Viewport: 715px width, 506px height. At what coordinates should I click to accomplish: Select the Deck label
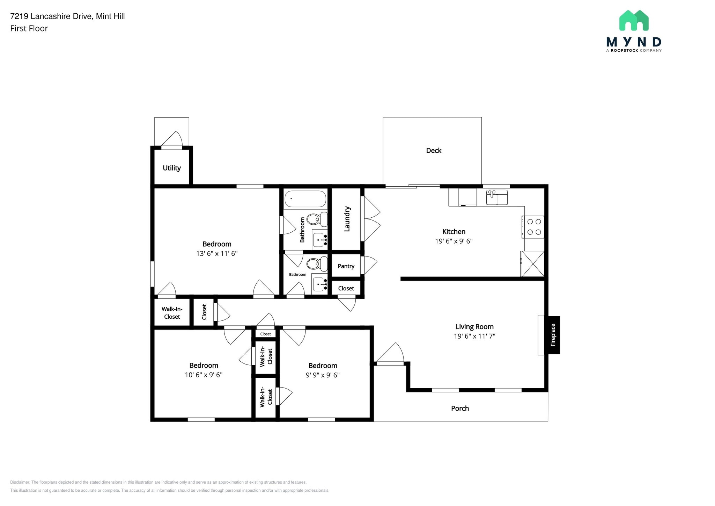coord(434,151)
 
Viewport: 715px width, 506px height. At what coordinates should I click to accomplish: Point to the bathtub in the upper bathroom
coord(305,199)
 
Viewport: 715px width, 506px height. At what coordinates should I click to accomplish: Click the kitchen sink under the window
coord(497,197)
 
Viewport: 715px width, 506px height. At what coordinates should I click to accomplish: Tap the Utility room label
coord(172,168)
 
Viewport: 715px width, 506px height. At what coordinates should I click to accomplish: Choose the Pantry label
coord(346,266)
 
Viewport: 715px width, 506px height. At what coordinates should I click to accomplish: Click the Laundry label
coord(347,219)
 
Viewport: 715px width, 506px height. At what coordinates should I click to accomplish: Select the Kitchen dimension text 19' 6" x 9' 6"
coord(454,241)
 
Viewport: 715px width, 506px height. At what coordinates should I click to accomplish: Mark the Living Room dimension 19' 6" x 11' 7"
coord(474,336)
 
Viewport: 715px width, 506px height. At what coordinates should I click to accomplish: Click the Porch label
coord(460,409)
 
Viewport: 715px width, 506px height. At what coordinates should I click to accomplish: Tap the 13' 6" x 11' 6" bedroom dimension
coord(217,254)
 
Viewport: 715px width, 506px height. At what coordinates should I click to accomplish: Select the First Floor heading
coord(29,29)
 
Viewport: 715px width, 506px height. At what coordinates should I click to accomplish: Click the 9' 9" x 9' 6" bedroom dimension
coord(323,375)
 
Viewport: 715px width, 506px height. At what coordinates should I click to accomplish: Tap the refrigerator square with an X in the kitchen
coord(533,264)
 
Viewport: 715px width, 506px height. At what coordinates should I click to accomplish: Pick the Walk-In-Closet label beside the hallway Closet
coord(172,313)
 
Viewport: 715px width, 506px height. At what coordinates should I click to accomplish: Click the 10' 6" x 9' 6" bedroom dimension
coord(204,375)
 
